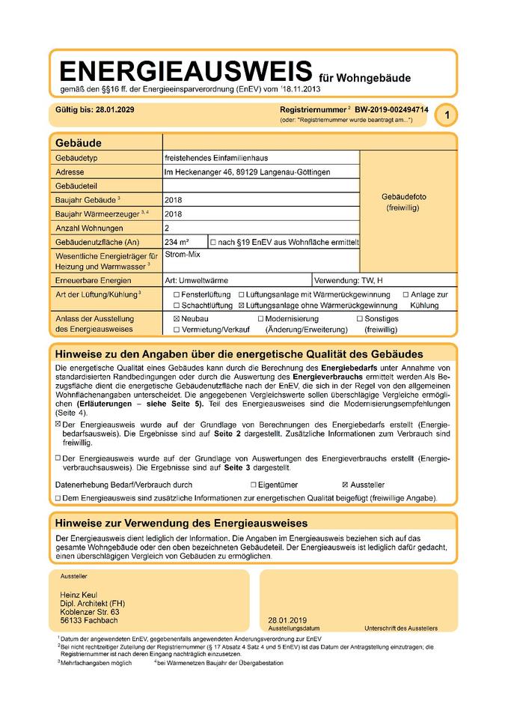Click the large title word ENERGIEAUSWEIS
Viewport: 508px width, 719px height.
[x=185, y=71]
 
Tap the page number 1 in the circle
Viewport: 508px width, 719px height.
[x=447, y=115]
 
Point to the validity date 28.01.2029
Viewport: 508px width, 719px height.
[x=114, y=109]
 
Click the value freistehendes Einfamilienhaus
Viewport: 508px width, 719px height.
[x=216, y=158]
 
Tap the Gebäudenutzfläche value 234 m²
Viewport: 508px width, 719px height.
[x=177, y=242]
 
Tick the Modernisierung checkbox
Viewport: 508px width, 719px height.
[x=261, y=318]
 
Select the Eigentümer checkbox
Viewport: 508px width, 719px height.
[x=254, y=485]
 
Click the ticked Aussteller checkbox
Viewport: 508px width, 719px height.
[x=345, y=485]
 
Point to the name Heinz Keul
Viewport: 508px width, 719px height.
[x=78, y=595]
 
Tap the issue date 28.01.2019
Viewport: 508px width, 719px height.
[x=287, y=620]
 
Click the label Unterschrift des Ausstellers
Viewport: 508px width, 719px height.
[x=400, y=628]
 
